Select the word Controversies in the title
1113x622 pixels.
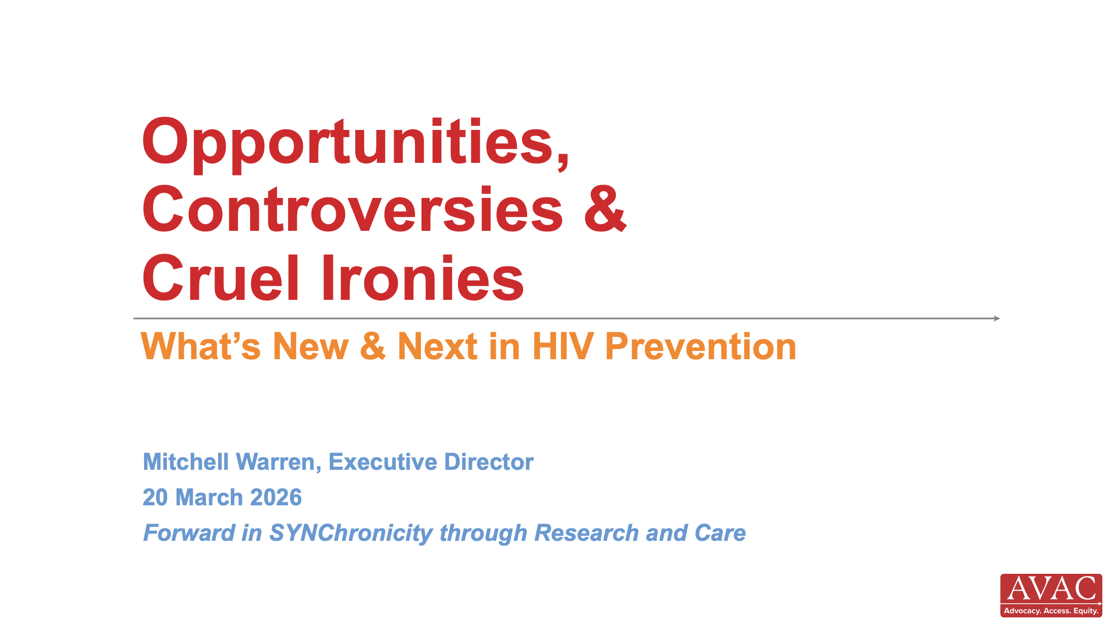pyautogui.click(x=352, y=209)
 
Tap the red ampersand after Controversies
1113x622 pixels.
pyautogui.click(x=605, y=209)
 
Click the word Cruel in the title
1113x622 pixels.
pyautogui.click(x=220, y=278)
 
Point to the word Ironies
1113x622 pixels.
pyautogui.click(x=422, y=278)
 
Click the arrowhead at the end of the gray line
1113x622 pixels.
pyautogui.click(x=997, y=319)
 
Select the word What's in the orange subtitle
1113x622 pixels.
pyautogui.click(x=201, y=347)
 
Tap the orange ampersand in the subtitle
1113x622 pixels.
pyautogui.click(x=373, y=347)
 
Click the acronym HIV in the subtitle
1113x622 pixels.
pyautogui.click(x=563, y=347)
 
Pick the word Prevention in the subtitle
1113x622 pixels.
pyautogui.click(x=701, y=347)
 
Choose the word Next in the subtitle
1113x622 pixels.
pyautogui.click(x=437, y=347)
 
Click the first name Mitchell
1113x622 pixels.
pyautogui.click(x=186, y=462)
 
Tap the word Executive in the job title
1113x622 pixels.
pyautogui.click(x=383, y=462)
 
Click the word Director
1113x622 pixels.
pyautogui.click(x=489, y=462)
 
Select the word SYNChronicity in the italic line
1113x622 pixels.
pyautogui.click(x=351, y=533)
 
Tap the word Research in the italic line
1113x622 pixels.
pyautogui.click(x=586, y=533)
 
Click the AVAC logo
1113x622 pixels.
pyautogui.click(x=1051, y=595)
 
